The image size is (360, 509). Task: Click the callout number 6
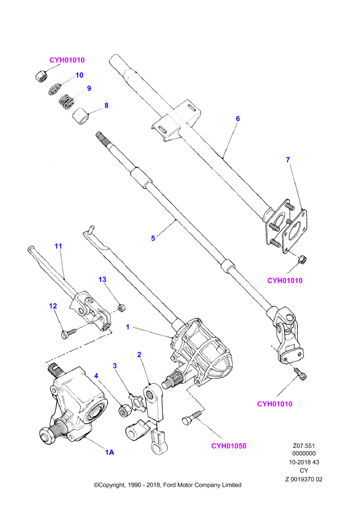pos(238,119)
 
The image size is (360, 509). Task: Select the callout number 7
pos(287,160)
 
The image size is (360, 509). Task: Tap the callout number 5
pos(153,239)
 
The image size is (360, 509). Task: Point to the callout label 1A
pos(109,452)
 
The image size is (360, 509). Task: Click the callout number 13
pos(102,279)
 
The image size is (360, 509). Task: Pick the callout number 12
pos(53,306)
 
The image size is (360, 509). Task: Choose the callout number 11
pos(58,246)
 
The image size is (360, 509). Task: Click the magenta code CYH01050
pos(228,446)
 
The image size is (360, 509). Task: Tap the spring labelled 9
pos(67,102)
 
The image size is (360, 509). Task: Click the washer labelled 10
pos(55,89)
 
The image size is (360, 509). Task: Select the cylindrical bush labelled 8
pos(80,116)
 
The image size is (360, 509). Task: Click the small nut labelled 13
pos(121,307)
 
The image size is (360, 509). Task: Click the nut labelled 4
pos(123,411)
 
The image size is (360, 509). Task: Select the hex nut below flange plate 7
pos(302,260)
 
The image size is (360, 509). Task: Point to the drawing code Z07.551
pos(304,446)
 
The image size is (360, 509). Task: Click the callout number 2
pos(139,354)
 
